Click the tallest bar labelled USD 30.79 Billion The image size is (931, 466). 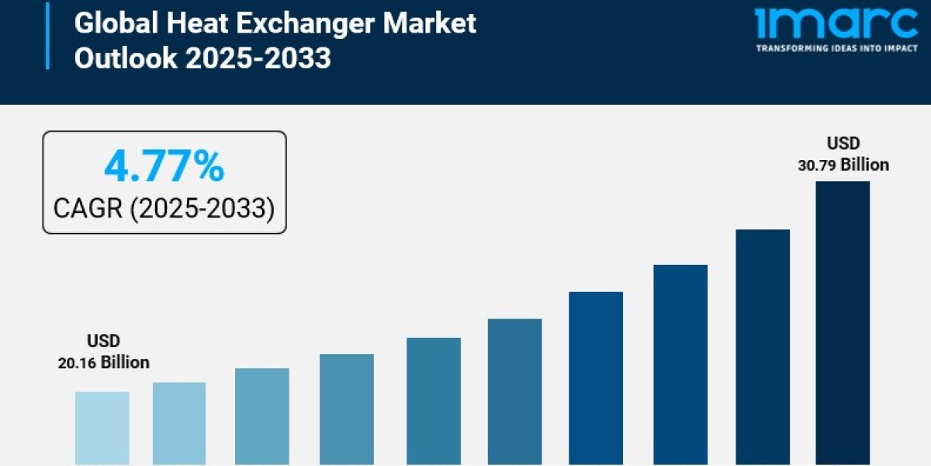point(843,322)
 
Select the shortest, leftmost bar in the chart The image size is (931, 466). point(102,427)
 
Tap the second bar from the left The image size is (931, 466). point(179,423)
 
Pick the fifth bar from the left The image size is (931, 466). point(433,401)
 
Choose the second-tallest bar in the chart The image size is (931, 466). point(763,346)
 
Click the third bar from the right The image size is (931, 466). point(680,364)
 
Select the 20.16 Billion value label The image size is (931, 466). point(103,363)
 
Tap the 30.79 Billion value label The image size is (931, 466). point(843,165)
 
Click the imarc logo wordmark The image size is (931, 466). point(836,24)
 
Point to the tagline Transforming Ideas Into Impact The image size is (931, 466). point(836,47)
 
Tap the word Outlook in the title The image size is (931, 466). point(121,58)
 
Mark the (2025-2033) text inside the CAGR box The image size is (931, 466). point(202,208)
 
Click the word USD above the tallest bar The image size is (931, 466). point(843,144)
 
